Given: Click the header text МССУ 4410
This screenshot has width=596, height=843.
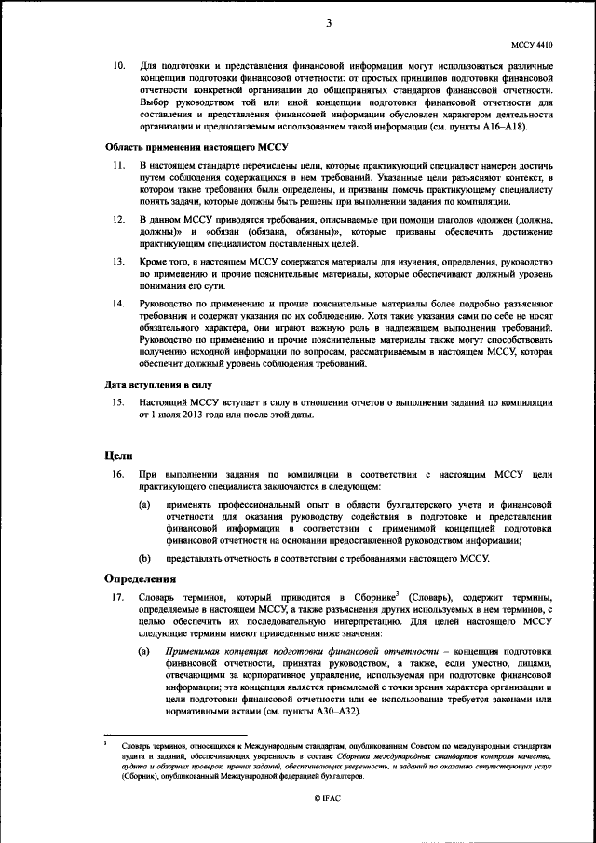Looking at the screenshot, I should click(x=533, y=43).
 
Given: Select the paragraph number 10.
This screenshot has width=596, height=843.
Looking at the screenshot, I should click(x=118, y=67).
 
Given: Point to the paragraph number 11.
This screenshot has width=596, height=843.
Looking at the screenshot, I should click(x=118, y=165).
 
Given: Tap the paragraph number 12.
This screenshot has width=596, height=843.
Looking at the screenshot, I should click(x=118, y=218).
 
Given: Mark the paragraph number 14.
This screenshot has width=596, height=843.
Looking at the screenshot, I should click(x=118, y=304).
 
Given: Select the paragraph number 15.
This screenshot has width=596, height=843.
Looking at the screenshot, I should click(x=118, y=401).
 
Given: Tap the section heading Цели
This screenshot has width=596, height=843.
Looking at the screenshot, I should click(x=117, y=455).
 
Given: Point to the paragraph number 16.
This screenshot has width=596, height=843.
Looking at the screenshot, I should click(x=118, y=475).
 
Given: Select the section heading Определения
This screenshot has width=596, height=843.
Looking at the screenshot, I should click(x=141, y=578).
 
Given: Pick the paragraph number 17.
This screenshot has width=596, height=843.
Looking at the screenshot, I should click(x=118, y=596).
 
